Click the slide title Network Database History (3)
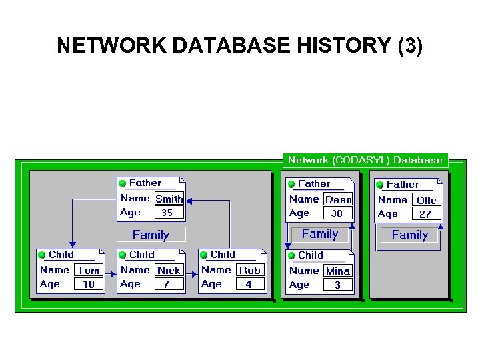tap(239, 45)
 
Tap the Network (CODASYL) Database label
tap(365, 160)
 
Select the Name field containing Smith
tap(169, 199)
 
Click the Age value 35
tap(167, 213)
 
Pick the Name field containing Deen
tap(338, 199)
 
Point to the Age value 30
tap(337, 213)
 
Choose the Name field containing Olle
tap(426, 200)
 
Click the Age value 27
tap(425, 214)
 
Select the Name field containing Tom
tap(88, 271)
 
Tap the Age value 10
tap(88, 284)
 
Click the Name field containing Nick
tap(169, 271)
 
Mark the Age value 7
tap(167, 284)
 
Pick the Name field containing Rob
tap(250, 271)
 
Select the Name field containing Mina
tap(338, 271)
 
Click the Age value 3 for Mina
tap(337, 285)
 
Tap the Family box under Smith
tap(151, 235)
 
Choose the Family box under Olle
tap(409, 235)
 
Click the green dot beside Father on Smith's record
tap(122, 183)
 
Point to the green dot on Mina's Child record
tap(291, 255)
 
